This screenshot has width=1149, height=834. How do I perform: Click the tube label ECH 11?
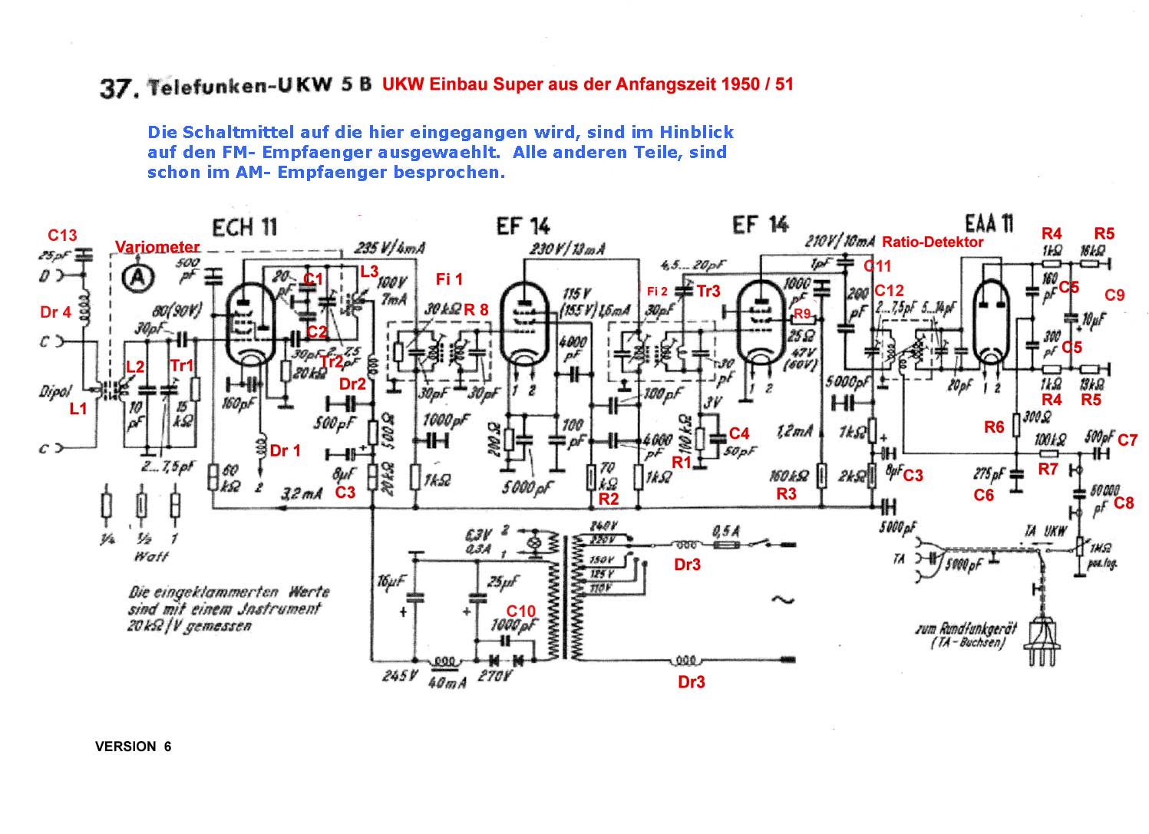(x=244, y=228)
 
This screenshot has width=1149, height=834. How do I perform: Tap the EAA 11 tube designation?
(x=989, y=223)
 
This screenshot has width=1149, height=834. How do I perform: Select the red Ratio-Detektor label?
(x=933, y=242)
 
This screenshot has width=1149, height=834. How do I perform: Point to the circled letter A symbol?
(x=138, y=278)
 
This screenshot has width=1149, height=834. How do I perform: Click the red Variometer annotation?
(x=157, y=247)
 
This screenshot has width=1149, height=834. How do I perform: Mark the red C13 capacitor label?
(x=62, y=236)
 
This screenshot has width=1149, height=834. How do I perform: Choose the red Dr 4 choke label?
(x=55, y=312)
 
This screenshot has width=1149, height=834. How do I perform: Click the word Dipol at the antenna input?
(x=55, y=391)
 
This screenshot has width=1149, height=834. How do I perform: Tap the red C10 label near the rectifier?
(x=520, y=611)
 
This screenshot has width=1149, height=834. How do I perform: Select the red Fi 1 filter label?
(x=449, y=279)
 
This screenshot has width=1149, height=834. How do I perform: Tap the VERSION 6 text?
(x=133, y=747)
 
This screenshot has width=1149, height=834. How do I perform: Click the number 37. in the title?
(x=119, y=88)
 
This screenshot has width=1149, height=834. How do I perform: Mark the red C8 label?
(x=1124, y=503)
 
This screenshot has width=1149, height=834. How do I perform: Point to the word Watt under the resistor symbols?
(x=150, y=556)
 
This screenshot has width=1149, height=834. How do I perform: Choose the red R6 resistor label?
(x=994, y=427)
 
